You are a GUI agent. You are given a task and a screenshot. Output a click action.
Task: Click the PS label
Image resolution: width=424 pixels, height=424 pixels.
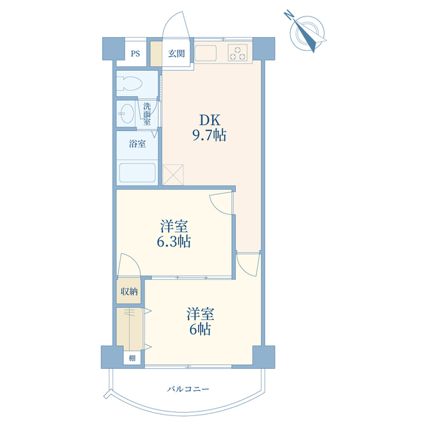click(135, 54)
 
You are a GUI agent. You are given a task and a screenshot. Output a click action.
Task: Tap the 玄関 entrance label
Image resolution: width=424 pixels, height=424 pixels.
click(176, 54)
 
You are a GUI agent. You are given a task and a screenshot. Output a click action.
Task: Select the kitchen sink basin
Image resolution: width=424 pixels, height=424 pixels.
click(205, 53)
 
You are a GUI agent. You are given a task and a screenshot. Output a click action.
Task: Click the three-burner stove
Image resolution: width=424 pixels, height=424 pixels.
click(237, 53)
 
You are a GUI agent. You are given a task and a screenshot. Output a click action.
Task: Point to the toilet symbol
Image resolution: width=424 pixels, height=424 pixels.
click(130, 83)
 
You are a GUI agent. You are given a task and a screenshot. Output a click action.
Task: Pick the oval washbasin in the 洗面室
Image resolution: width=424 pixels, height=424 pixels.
click(126, 113)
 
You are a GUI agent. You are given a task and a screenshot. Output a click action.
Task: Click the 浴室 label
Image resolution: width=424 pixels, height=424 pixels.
click(137, 144)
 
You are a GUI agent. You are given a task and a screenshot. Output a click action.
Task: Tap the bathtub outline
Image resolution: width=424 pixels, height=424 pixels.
click(137, 173)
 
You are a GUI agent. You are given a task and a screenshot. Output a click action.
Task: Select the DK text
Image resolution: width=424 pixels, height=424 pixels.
click(209, 121)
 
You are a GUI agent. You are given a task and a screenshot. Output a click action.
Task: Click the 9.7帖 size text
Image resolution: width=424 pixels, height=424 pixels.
click(209, 135)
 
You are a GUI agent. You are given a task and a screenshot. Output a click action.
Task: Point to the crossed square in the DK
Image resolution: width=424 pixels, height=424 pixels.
click(173, 175)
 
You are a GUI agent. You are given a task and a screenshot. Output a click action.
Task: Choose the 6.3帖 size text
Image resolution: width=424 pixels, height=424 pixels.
click(174, 241)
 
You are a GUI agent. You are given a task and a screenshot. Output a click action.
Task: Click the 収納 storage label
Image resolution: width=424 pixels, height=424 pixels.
click(129, 291)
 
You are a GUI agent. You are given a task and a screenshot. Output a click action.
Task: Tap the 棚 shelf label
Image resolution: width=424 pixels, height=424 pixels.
click(132, 358)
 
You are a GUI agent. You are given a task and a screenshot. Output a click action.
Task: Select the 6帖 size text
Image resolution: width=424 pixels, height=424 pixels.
click(200, 329)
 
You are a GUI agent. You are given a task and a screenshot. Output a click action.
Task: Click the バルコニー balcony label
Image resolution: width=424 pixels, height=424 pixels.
click(188, 389)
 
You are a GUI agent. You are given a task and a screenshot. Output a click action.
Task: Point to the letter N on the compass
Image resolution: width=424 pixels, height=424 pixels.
click(290, 15)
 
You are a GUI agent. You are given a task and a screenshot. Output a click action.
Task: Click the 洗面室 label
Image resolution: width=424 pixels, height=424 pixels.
click(147, 113)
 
